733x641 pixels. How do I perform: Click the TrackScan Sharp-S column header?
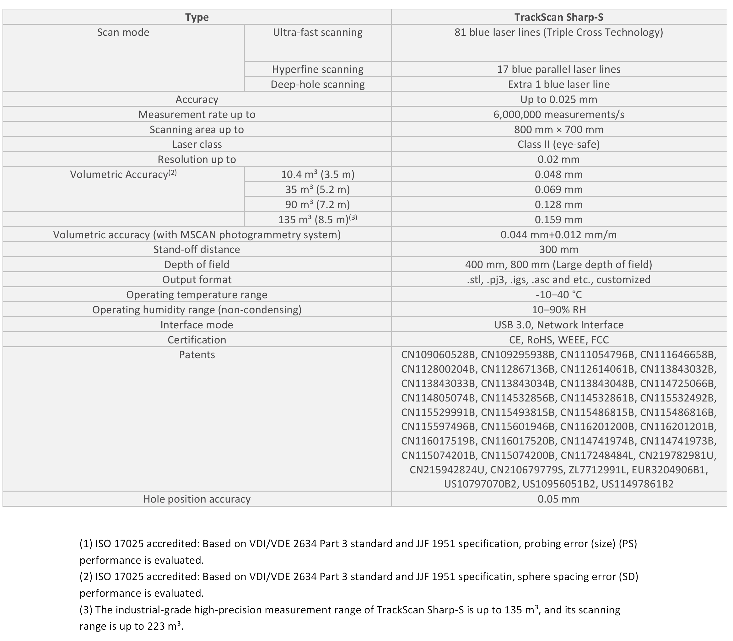tap(558, 17)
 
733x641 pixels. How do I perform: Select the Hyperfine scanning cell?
tap(317, 69)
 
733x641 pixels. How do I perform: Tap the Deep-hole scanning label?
tap(317, 84)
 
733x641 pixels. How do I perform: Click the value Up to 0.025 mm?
tap(558, 100)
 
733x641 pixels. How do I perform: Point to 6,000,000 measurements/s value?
tap(558, 115)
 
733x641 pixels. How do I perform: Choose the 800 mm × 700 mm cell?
tap(558, 130)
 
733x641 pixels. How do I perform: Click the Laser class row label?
tap(197, 144)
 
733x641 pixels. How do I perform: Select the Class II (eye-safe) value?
tap(558, 144)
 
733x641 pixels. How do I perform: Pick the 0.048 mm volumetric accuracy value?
tap(558, 175)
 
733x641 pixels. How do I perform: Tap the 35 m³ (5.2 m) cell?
tap(317, 190)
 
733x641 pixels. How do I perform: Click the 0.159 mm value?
tap(558, 220)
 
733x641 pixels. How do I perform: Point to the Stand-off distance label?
tap(197, 250)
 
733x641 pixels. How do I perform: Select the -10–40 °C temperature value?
tap(558, 295)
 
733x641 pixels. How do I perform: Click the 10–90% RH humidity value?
tap(558, 310)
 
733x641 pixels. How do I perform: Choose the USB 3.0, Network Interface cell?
tap(558, 325)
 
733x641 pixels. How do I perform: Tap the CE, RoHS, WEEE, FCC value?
tap(558, 340)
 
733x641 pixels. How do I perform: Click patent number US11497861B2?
tap(637, 484)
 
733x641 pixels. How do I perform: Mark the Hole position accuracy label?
tap(197, 499)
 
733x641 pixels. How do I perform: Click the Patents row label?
tap(197, 355)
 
